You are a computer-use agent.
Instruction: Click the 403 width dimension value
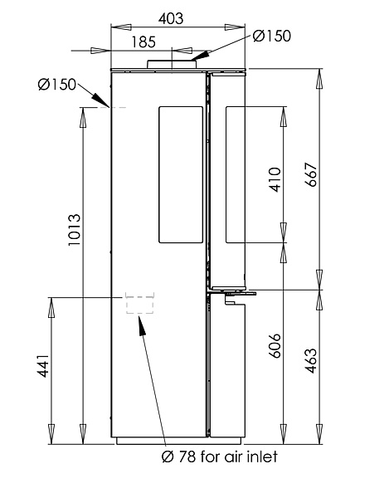[171, 19]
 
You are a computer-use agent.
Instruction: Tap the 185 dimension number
[143, 42]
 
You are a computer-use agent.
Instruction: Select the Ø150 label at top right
[271, 36]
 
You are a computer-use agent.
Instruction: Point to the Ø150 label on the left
[57, 85]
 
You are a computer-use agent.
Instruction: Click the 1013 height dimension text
[75, 230]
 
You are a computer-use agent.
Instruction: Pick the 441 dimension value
[44, 366]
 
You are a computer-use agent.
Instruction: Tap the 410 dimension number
[275, 179]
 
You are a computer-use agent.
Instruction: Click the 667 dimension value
[311, 174]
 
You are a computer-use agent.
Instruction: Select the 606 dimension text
[275, 346]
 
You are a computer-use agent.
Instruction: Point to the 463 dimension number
[311, 361]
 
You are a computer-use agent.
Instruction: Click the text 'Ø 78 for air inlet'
[220, 456]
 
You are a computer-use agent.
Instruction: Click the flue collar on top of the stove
[172, 64]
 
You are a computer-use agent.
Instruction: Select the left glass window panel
[181, 175]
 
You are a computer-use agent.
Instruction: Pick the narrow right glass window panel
[235, 175]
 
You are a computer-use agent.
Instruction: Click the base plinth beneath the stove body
[179, 441]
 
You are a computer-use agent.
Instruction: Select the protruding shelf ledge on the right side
[233, 292]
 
